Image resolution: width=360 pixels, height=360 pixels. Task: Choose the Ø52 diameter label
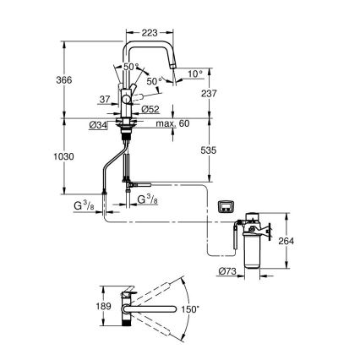(151, 108)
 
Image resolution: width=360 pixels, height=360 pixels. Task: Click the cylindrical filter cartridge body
(253, 253)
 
